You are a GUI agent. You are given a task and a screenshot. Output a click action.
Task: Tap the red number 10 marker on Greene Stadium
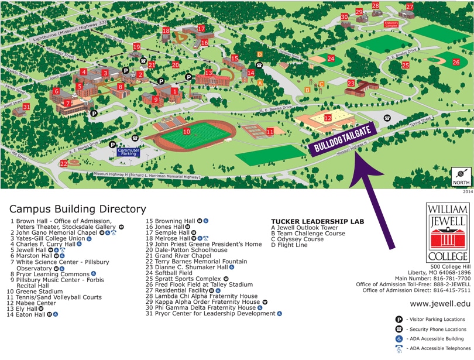tap(187, 132)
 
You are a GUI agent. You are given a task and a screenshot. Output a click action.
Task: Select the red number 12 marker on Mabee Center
tap(328, 118)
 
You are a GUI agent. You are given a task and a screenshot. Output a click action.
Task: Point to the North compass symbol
tap(461, 174)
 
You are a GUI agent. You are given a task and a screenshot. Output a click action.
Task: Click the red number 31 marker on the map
tap(26, 107)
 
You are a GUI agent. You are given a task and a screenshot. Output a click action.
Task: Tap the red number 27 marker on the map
tap(410, 7)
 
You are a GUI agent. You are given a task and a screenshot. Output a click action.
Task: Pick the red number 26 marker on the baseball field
tap(456, 62)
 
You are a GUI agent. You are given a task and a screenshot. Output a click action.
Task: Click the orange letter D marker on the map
tap(259, 55)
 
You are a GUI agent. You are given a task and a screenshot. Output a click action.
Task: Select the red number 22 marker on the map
tap(63, 164)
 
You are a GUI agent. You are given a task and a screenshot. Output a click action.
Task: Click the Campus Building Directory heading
tap(77, 209)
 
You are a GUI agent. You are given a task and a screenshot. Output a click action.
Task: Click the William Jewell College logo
tap(448, 232)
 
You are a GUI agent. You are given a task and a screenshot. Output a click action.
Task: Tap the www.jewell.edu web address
tap(440, 303)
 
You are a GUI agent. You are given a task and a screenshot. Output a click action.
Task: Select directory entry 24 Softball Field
tap(169, 273)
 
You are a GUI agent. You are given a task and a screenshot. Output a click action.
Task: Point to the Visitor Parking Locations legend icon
tap(399, 320)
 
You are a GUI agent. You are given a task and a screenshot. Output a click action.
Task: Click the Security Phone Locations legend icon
tap(399, 329)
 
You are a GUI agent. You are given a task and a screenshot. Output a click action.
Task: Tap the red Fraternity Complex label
tap(391, 25)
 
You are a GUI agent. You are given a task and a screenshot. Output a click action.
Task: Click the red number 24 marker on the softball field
tap(331, 59)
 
